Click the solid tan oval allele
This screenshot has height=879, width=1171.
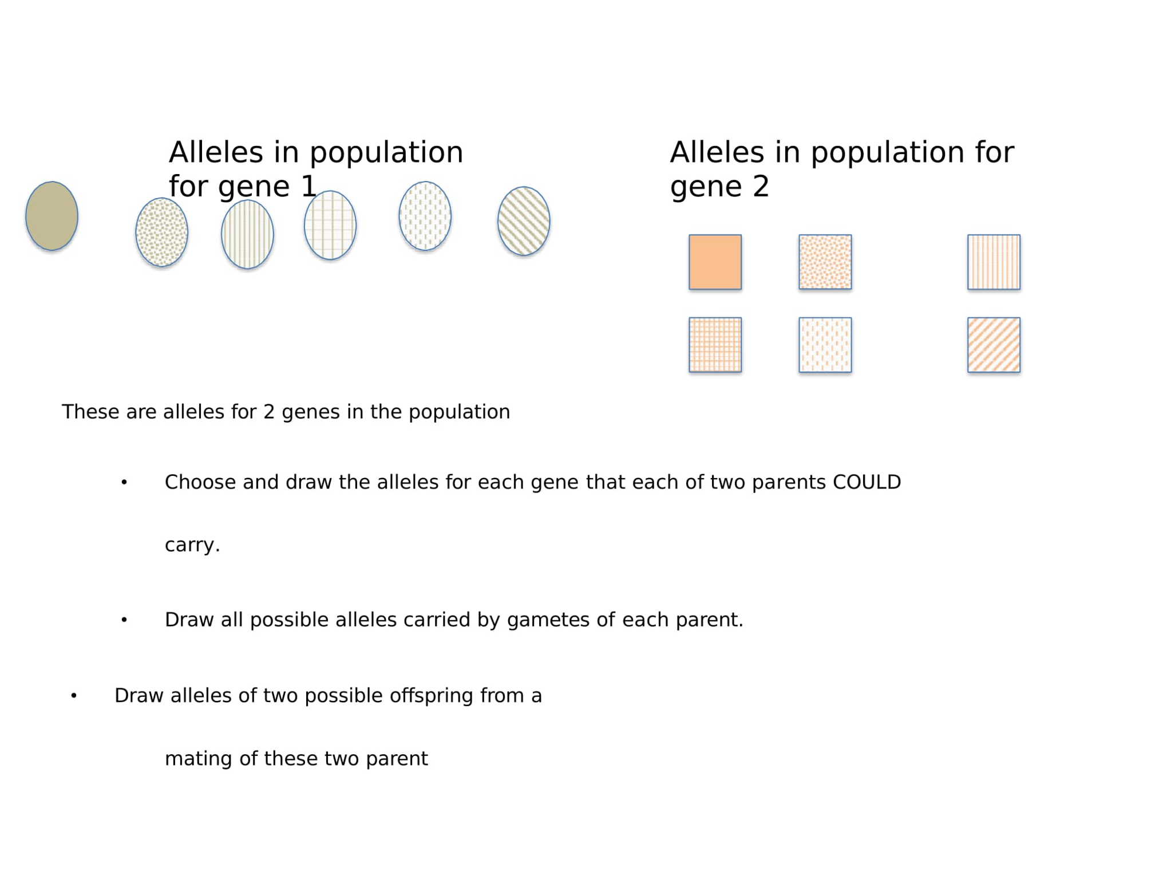coord(52,216)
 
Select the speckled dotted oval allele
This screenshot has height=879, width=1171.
coord(161,232)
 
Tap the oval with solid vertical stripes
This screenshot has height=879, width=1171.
coord(247,234)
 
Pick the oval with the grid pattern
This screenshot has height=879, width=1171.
coord(330,225)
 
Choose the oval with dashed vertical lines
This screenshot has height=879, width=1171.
coord(425,216)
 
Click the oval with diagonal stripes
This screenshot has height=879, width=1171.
coord(523,220)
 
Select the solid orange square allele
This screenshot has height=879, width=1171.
coord(714,262)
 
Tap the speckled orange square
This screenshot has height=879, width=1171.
coord(824,262)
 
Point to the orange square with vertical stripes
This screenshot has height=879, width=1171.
coord(993,262)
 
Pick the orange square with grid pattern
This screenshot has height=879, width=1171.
coord(714,344)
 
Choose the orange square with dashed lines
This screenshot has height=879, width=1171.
coord(824,344)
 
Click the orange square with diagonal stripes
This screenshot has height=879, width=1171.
coord(993,344)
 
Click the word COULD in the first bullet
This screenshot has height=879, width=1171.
coord(866,482)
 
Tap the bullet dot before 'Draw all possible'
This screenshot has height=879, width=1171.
coord(124,620)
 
